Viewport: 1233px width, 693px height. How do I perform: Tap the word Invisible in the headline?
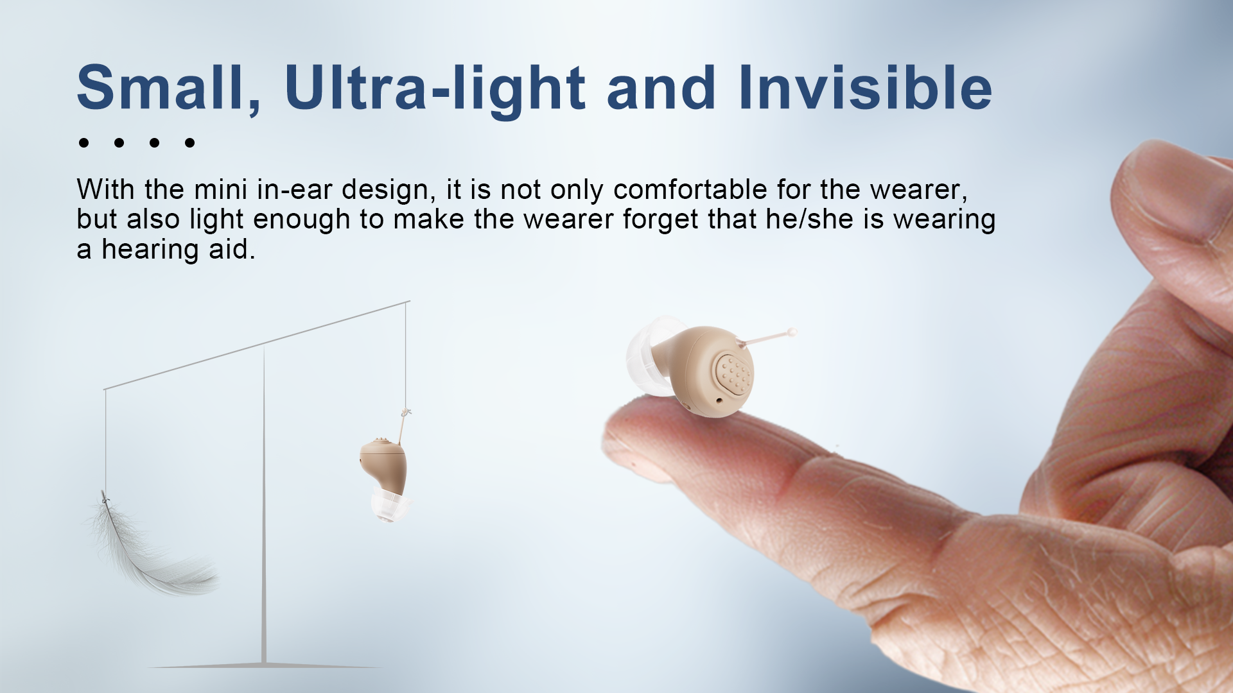866,87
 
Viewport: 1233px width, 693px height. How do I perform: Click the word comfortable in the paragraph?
690,189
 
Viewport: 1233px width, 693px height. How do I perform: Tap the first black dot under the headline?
83,142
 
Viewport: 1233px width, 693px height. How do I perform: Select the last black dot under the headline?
189,142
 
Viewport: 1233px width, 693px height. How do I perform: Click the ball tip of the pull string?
792,332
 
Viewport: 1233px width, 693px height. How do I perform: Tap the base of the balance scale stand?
264,665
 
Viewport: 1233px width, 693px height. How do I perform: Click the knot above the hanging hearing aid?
405,412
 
